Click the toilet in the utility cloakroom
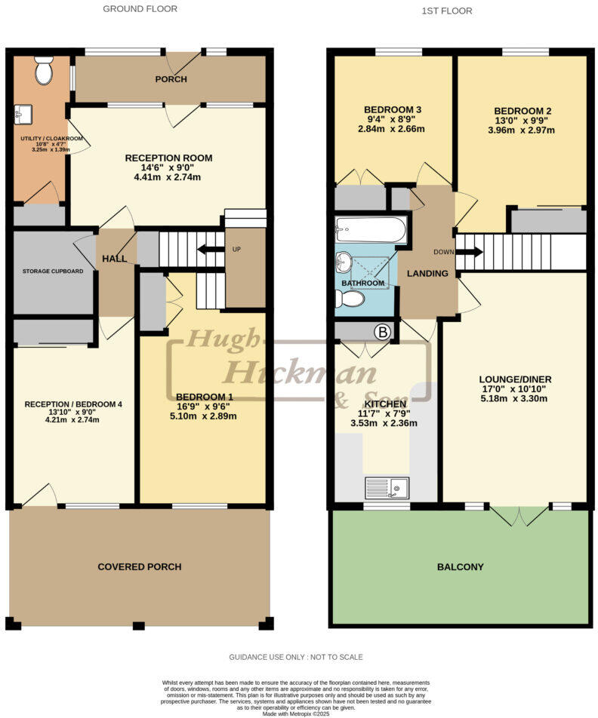(x=43, y=70)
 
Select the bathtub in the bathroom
(x=371, y=228)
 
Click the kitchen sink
(x=387, y=487)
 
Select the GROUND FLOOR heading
(x=140, y=9)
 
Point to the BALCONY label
(x=460, y=566)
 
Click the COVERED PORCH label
(x=140, y=566)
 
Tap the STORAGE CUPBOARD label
(x=52, y=271)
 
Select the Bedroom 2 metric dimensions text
(x=521, y=130)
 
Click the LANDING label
(x=427, y=273)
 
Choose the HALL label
(x=114, y=259)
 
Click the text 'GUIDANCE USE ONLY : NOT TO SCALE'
(x=296, y=657)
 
